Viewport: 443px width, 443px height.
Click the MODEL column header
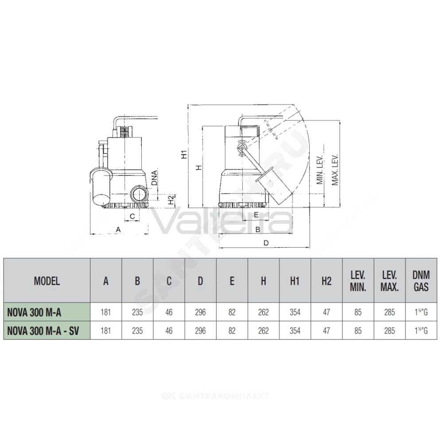(x=47, y=281)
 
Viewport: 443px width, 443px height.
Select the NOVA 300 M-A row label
(x=34, y=312)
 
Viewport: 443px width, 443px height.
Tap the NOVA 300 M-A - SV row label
(x=43, y=331)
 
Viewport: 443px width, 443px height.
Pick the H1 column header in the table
(x=295, y=281)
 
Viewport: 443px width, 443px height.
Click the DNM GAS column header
(x=421, y=281)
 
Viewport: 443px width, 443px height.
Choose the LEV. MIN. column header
(x=358, y=281)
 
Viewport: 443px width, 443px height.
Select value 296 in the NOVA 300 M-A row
(x=200, y=312)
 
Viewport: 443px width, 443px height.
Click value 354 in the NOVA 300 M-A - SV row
(x=295, y=331)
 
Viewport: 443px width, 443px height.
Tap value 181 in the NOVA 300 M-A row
(x=106, y=312)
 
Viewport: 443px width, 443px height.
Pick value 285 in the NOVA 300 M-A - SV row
(x=389, y=331)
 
